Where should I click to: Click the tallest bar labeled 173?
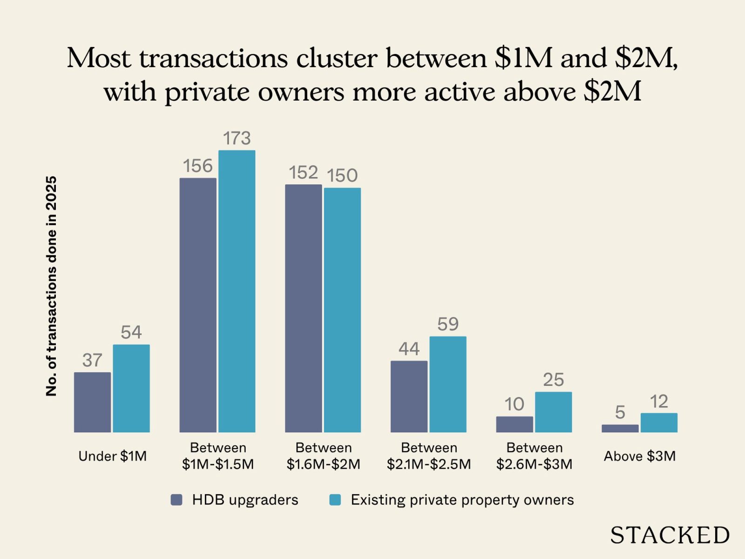[x=237, y=291]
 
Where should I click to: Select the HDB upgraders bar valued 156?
[x=198, y=305]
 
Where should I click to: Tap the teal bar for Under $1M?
[x=131, y=389]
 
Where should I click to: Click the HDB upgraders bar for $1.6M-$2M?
[x=303, y=308]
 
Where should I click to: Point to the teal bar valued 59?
[x=447, y=384]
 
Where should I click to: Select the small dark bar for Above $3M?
[x=620, y=428]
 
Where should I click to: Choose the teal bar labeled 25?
[x=553, y=412]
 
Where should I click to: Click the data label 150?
[x=342, y=176]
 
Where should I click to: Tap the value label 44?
[x=409, y=349]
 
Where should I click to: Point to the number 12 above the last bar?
[x=659, y=402]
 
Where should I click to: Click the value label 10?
[x=514, y=404]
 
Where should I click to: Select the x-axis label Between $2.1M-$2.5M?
[x=429, y=456]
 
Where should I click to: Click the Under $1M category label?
[x=112, y=456]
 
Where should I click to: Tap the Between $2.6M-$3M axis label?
[x=534, y=456]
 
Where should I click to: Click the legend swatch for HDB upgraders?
[x=176, y=500]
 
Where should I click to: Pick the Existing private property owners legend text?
[x=462, y=500]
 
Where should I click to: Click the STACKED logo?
[x=670, y=535]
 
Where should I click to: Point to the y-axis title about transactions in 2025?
[x=51, y=286]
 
